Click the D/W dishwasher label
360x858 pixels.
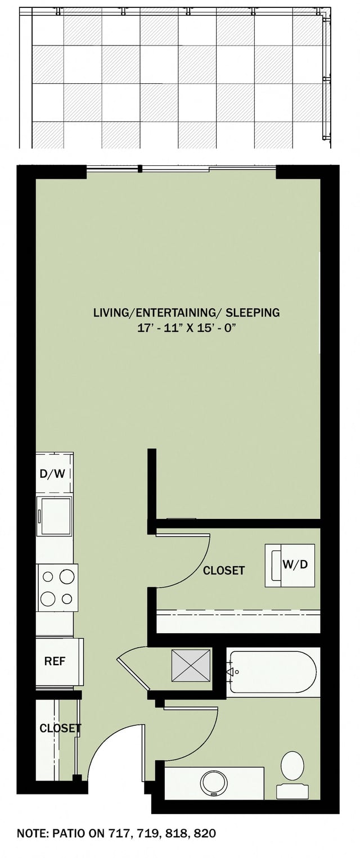(x=52, y=473)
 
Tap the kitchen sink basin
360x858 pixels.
(x=55, y=516)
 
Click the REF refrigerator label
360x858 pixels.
(x=55, y=661)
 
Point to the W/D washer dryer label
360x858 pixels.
(x=295, y=565)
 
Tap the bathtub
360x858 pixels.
(x=273, y=671)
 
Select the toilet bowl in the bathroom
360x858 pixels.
(x=292, y=766)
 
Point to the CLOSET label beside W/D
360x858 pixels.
(x=224, y=571)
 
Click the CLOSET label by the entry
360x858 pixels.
(x=60, y=729)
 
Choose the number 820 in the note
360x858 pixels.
(x=204, y=833)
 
